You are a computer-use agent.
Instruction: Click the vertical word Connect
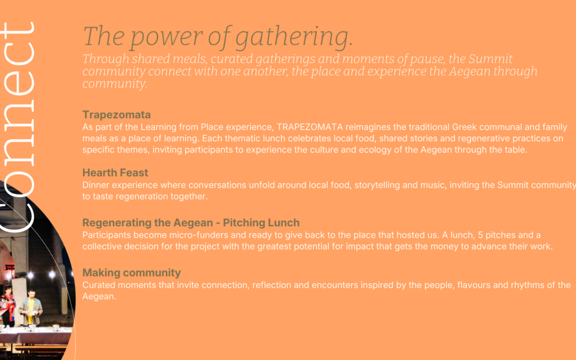[x=18, y=127]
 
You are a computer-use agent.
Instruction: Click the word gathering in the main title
[x=293, y=37]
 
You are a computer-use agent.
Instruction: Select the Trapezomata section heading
[x=116, y=115]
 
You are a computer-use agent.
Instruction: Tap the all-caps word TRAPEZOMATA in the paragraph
[x=310, y=127]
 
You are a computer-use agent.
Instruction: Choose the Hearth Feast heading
[x=115, y=173]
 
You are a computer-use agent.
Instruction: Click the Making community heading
[x=132, y=273]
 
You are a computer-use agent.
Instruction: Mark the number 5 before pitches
[x=480, y=235]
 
